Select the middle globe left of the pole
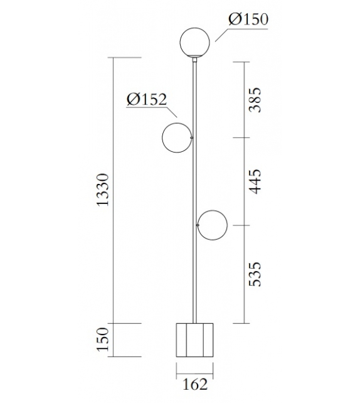(x=176, y=137)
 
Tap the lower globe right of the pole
(x=212, y=225)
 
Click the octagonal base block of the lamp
(x=194, y=339)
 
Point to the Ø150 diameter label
(x=248, y=19)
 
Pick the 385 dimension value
(x=255, y=100)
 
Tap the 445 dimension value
(x=255, y=181)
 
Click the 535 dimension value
(x=255, y=274)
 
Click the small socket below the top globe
(x=194, y=60)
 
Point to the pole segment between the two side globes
(x=194, y=182)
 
